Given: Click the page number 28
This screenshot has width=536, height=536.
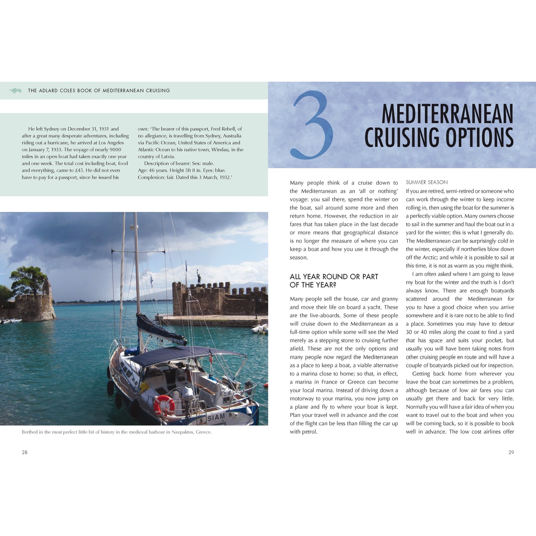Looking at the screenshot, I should (25, 452).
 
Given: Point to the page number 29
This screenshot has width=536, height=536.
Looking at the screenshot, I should (511, 452).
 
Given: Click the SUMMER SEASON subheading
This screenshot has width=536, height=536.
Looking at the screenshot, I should (427, 182).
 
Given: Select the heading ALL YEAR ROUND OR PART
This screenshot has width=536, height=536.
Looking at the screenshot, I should (334, 277).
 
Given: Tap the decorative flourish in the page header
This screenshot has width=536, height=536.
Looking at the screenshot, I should (15, 91).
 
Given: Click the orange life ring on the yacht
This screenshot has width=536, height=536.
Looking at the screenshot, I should (164, 405).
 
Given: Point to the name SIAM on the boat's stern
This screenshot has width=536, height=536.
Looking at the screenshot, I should (216, 417).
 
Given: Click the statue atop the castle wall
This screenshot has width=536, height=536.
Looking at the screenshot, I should (199, 277).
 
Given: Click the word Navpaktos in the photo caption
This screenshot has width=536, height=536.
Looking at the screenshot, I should (183, 432).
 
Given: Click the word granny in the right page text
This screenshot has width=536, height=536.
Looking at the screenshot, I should (390, 299).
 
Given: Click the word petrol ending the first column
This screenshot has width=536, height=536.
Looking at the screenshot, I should (309, 432).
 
